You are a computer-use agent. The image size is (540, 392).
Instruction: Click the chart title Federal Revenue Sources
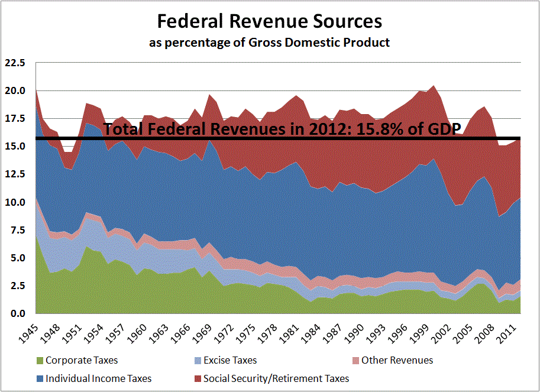click(269, 22)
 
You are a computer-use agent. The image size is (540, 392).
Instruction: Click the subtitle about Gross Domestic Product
click(269, 43)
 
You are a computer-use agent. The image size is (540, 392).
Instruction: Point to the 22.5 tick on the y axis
click(15, 63)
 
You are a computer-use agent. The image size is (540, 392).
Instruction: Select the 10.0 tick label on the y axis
click(15, 202)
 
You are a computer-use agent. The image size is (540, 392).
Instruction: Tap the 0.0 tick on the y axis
click(18, 313)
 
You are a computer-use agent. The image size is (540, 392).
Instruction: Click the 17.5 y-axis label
click(15, 118)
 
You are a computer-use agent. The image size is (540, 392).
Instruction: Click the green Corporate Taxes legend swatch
click(40, 360)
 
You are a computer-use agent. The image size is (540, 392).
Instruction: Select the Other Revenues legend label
click(397, 360)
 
